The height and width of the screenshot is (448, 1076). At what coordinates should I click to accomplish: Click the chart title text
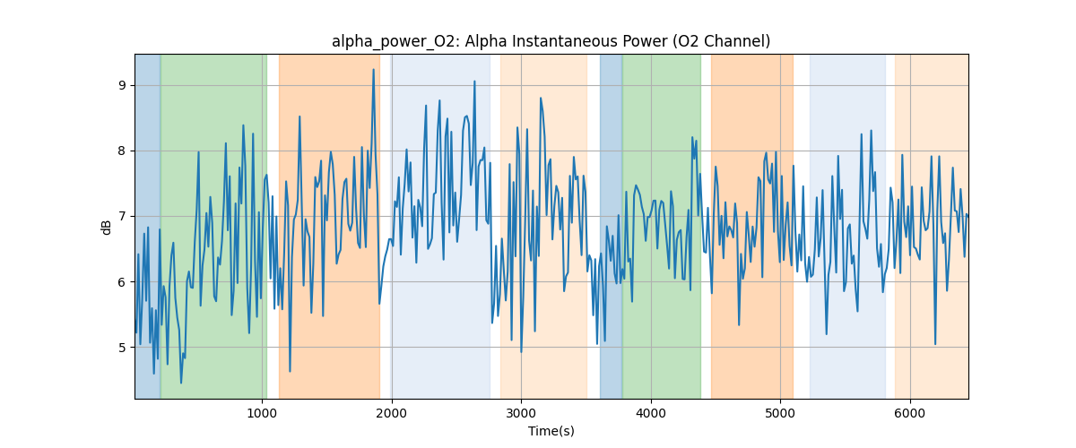click(x=551, y=41)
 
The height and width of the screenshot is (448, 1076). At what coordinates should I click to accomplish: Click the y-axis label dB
click(x=107, y=227)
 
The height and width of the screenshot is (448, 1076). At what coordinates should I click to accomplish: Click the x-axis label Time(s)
click(x=551, y=431)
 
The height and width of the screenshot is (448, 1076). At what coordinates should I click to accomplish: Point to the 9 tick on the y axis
click(x=125, y=85)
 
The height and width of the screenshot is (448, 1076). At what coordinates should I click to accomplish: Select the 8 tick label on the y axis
click(x=125, y=151)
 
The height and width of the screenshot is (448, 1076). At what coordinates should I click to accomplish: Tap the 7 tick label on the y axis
click(x=125, y=216)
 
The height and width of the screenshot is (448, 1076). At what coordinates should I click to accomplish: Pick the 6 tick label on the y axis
click(x=125, y=281)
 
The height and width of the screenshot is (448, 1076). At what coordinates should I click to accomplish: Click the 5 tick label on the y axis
click(x=125, y=347)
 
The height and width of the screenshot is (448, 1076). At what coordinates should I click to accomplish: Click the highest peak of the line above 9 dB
click(x=373, y=70)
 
